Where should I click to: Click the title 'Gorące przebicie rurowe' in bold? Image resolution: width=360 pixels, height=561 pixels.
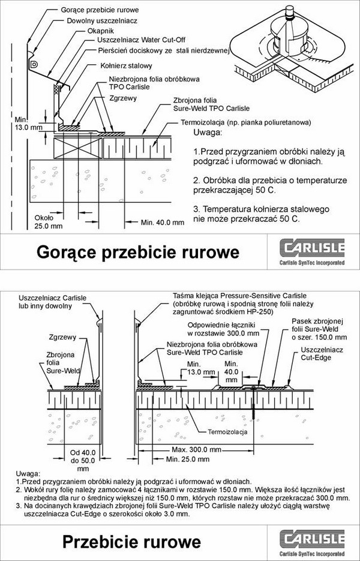click(138, 252)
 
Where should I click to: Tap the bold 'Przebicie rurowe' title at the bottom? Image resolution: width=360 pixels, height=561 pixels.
click(131, 542)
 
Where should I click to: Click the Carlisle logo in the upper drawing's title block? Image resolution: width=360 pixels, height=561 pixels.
click(312, 252)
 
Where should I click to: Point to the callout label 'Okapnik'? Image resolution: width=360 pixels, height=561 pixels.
click(101, 31)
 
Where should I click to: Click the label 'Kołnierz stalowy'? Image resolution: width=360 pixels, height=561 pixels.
click(126, 66)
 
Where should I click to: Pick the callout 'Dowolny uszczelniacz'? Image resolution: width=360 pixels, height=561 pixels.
click(102, 21)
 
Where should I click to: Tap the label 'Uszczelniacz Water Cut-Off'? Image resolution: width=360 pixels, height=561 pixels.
click(142, 40)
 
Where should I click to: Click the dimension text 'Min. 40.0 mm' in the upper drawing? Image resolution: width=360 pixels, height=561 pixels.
click(163, 223)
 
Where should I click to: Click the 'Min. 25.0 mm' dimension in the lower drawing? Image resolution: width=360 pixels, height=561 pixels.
click(188, 459)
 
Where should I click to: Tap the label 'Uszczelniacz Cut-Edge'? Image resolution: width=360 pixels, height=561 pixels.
click(322, 353)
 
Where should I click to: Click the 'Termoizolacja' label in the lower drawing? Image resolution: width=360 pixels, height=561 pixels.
click(227, 432)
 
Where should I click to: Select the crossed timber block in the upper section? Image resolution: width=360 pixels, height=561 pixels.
click(78, 148)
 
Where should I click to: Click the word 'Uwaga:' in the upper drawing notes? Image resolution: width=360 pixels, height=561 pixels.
click(208, 133)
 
